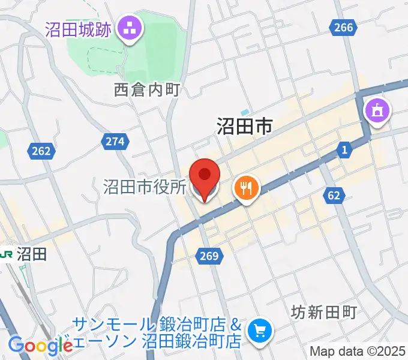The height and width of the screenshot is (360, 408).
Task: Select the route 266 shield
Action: click(x=343, y=26)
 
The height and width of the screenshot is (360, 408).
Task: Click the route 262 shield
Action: click(x=41, y=151)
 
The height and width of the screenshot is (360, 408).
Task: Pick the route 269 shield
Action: click(x=209, y=256)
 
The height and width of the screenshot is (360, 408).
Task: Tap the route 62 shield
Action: click(x=334, y=194)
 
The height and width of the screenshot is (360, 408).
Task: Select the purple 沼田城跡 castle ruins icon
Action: click(x=129, y=27)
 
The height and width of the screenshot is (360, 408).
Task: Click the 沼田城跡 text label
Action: click(x=78, y=29)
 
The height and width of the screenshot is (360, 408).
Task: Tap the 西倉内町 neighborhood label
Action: click(x=147, y=90)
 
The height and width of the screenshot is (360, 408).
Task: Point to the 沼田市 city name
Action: click(x=244, y=125)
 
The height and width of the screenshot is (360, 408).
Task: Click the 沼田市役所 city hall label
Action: click(x=145, y=187)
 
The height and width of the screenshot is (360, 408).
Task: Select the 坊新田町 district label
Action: click(x=323, y=312)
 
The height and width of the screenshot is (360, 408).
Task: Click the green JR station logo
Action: click(x=7, y=254)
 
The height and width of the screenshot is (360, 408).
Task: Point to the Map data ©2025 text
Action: click(x=358, y=351)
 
